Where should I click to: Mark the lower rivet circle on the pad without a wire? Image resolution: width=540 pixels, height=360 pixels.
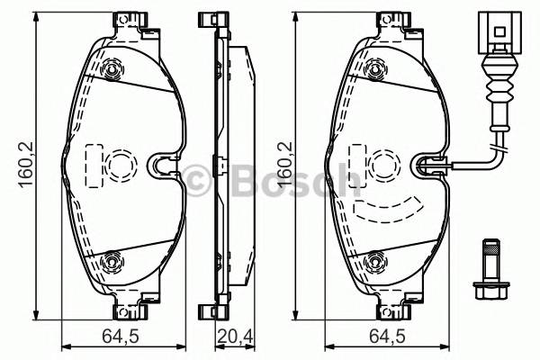point(112,260)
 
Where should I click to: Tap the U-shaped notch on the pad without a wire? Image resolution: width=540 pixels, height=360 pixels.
point(162,164)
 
